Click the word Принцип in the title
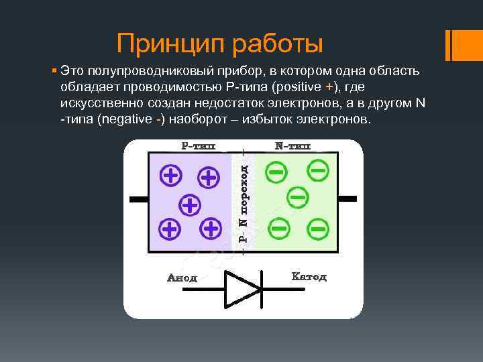pos(170,44)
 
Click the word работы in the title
pos(277,44)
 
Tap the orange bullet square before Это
pos(54,71)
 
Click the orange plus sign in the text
pos(329,87)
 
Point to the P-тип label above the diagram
pos(199,145)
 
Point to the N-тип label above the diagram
pos(292,145)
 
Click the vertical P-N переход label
pos(244,204)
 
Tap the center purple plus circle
pos(190,205)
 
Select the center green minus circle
pos(298,197)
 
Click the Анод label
pos(182,278)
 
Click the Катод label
pos(309,277)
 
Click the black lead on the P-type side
pos(139,200)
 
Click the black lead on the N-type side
pos(347,199)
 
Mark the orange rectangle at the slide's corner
pos(464,46)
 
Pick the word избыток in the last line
pos(267,119)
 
